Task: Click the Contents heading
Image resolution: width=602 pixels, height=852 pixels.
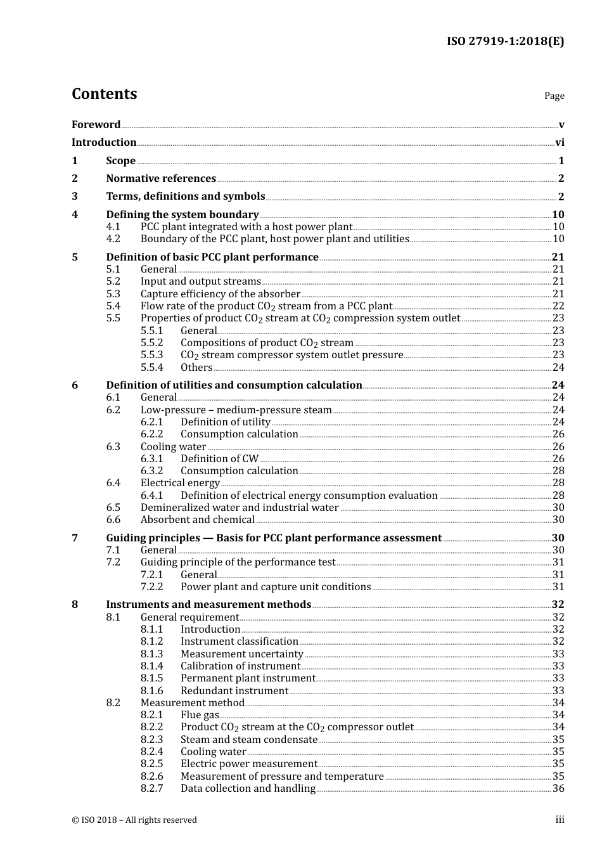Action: coord(104,94)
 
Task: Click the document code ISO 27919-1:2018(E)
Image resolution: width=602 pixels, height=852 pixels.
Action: coord(505,42)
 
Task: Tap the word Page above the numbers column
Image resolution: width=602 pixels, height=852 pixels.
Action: coord(554,96)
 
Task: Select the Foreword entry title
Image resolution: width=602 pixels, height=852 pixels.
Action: coord(96,125)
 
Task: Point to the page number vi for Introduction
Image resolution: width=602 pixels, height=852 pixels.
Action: coord(560,143)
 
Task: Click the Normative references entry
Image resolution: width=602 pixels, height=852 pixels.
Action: coord(161,179)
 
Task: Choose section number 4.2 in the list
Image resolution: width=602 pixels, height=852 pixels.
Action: coord(113,239)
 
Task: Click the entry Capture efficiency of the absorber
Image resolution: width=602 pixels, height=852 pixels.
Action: coord(220,294)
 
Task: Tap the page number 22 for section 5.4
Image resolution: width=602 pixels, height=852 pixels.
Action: coord(558,306)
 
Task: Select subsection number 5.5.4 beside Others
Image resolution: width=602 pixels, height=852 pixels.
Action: coord(152,368)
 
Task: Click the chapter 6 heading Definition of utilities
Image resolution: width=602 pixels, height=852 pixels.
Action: coord(234,385)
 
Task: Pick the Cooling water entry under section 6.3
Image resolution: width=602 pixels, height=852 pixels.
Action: coord(173,447)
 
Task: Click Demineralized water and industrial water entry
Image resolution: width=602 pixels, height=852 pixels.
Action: coord(240,508)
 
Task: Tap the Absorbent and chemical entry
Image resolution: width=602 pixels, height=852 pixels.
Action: coord(197,520)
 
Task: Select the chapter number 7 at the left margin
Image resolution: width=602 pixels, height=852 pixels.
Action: coord(75,538)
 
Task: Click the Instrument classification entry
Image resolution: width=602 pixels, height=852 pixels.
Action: coord(239,642)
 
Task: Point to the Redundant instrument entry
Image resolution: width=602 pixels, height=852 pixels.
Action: coord(234,691)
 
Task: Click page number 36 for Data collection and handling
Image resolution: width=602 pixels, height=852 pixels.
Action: coord(558,789)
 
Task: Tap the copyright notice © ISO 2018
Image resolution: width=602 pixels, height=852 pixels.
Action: coord(134,820)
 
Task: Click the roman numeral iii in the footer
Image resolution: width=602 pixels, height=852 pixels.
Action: coord(560,820)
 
